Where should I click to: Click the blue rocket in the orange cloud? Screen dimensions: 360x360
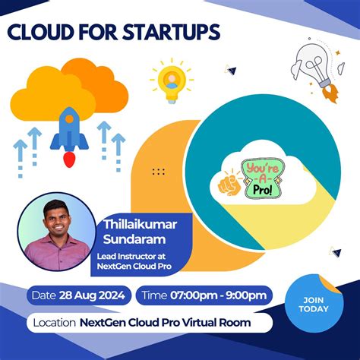click(70, 131)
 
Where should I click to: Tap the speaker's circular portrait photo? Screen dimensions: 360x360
click(57, 232)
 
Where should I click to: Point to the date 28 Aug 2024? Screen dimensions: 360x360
click(95, 295)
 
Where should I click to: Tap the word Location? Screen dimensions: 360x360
click(54, 322)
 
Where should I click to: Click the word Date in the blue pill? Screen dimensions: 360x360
click(44, 295)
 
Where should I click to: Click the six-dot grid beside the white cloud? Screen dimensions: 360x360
click(159, 172)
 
